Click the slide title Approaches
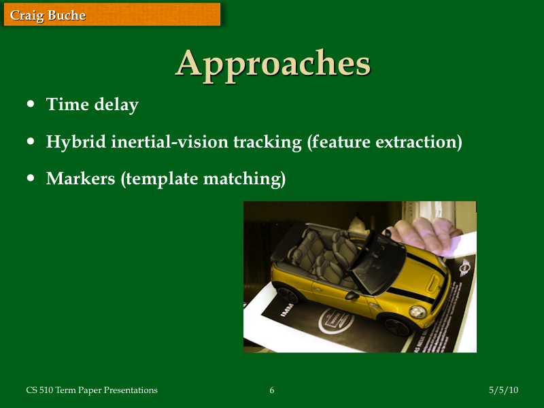273,63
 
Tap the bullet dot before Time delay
31,105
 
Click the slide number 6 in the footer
272,390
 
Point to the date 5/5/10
503,390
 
